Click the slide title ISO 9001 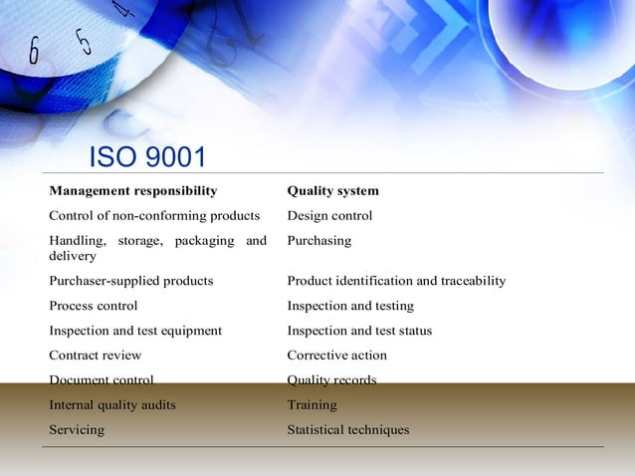[147, 158]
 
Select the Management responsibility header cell [133, 190]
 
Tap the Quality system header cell [332, 190]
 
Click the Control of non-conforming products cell [154, 215]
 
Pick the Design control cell [329, 215]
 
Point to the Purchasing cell [318, 240]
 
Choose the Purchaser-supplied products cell [131, 281]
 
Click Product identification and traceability [396, 281]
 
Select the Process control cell [94, 306]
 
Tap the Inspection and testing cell [350, 306]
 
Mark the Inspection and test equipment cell [135, 331]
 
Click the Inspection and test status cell [359, 331]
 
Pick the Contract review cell [96, 356]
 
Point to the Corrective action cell [336, 356]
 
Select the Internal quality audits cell [112, 405]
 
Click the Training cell [312, 405]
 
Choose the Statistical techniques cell [347, 430]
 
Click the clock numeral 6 [34, 49]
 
